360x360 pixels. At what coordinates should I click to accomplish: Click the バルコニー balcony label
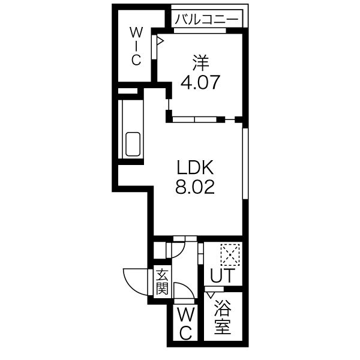pos(206,20)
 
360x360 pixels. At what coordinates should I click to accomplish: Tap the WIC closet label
pos(136,46)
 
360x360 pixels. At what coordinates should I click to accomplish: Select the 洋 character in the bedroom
pos(200,62)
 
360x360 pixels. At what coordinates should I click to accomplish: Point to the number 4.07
pos(200,82)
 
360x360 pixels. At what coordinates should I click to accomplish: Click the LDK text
pos(195,167)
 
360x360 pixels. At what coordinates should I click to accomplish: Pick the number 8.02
pos(195,187)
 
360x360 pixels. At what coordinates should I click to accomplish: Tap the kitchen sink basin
pos(133,144)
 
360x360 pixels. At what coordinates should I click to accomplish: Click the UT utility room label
pos(223,275)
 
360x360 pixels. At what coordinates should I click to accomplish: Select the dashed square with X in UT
pos(230,255)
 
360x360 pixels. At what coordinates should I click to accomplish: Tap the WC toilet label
pos(185,324)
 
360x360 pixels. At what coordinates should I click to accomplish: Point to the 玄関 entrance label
pos(163,281)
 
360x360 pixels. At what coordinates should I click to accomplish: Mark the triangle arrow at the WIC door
pos(160,41)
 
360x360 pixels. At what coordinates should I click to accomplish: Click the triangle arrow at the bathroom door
pos(211,295)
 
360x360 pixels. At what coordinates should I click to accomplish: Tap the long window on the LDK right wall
pos(245,163)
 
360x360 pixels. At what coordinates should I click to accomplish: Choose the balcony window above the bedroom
pos(200,31)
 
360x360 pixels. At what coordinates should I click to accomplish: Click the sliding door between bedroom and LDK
pos(194,119)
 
